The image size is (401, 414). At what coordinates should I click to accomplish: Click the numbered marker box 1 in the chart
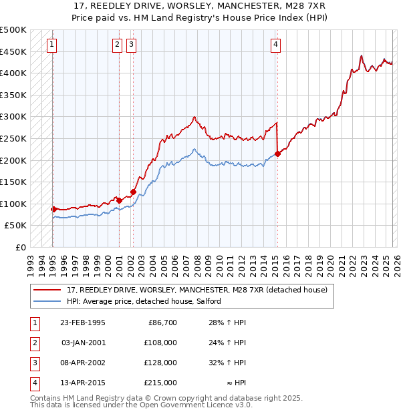pos(52,45)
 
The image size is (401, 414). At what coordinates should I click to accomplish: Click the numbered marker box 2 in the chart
pos(117,45)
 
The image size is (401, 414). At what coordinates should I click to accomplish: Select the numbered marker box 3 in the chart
pos(131,45)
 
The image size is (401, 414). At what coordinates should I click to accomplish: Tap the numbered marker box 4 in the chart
pos(275,45)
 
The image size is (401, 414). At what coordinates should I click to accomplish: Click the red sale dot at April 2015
pos(277,154)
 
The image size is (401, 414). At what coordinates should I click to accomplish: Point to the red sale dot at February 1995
pos(53,209)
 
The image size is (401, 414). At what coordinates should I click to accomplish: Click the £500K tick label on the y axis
pos(13,30)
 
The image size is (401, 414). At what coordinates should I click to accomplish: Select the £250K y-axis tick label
pos(13,138)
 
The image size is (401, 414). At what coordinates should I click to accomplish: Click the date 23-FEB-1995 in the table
pos(82,323)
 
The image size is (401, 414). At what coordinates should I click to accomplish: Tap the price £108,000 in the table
pos(160,343)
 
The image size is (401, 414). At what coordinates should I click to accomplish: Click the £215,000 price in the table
pos(160,383)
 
